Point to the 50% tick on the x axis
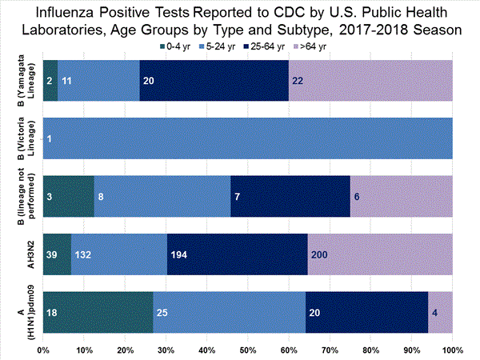247,350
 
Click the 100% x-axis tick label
452,350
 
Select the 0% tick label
43,350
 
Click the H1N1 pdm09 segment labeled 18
98,311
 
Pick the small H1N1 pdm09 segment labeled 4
440,311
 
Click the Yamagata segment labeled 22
370,81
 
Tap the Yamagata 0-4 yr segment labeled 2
50,81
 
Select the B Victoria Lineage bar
248,138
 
